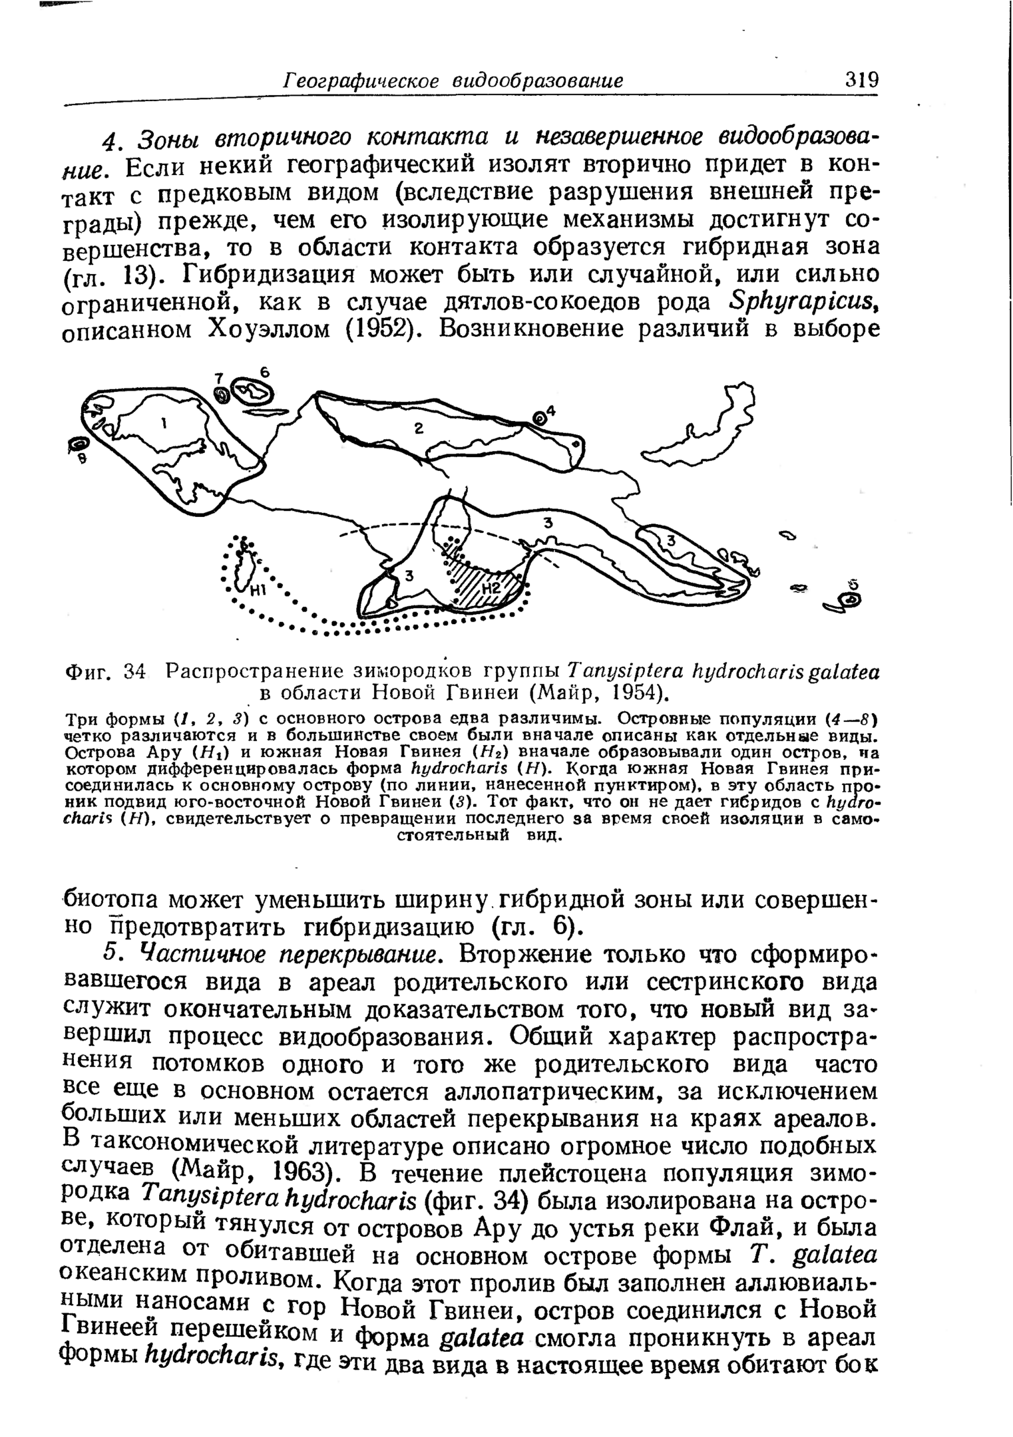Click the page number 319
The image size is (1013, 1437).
[x=861, y=80]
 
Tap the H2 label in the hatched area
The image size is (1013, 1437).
[x=493, y=588]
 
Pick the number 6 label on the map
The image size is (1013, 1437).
[x=264, y=373]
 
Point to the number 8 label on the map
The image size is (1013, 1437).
[x=82, y=459]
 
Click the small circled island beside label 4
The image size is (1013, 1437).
[x=539, y=418]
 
